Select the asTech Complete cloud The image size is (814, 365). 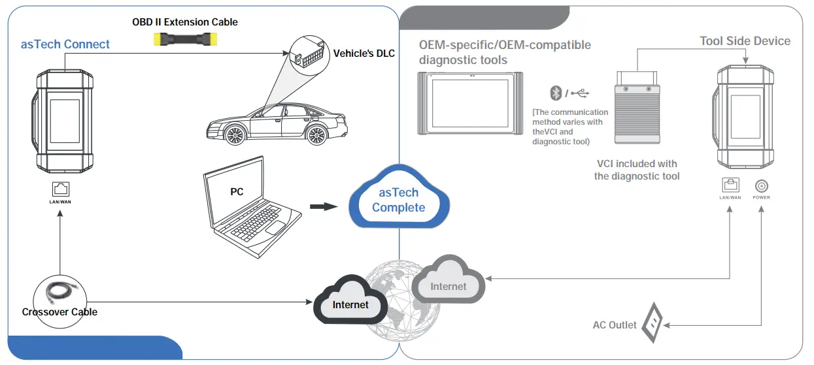click(398, 198)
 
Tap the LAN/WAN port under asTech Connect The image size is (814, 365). click(59, 189)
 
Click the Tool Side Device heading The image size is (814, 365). click(745, 41)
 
